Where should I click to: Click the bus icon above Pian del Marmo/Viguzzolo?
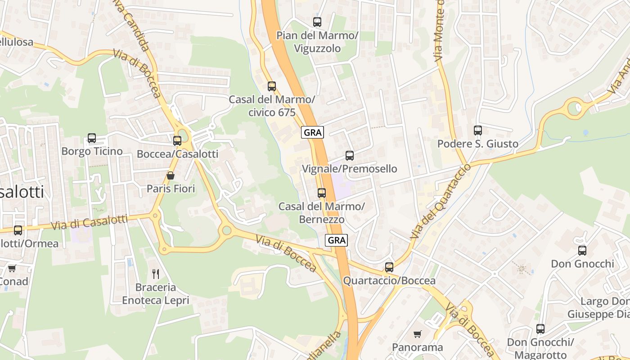tap(317, 22)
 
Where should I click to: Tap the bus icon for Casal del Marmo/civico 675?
tap(271, 86)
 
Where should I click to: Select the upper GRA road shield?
tap(312, 132)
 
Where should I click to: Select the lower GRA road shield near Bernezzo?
tap(337, 240)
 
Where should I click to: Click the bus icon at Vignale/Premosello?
tap(350, 156)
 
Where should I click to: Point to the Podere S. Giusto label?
tap(477, 144)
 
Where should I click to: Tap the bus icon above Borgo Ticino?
tap(92, 138)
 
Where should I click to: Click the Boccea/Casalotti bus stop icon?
tap(177, 141)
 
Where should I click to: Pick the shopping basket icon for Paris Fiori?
tap(171, 175)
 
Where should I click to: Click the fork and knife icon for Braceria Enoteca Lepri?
tap(156, 274)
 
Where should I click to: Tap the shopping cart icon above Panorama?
tap(418, 334)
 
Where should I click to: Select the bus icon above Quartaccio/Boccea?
tap(389, 267)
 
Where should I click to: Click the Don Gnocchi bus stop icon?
tap(582, 250)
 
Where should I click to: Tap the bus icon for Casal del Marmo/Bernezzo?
tap(322, 193)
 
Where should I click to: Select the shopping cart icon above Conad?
tap(12, 268)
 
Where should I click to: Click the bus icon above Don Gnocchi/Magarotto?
tap(540, 329)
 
